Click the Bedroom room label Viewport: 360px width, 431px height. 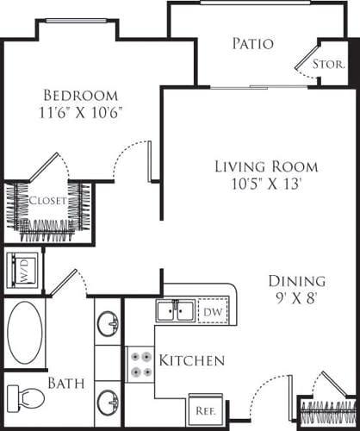83,96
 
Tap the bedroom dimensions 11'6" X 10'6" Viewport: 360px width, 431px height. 83,112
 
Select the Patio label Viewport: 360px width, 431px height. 252,43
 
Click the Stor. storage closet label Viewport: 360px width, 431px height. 328,64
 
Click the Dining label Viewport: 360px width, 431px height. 295,280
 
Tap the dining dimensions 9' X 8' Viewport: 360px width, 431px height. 295,297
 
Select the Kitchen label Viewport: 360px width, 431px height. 192,359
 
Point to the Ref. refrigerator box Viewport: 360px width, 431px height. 204,410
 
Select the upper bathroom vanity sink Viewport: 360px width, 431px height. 109,324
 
